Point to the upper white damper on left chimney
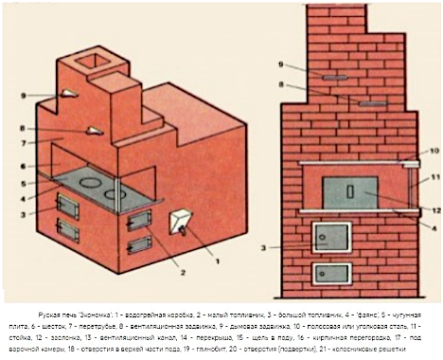(69, 94)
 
